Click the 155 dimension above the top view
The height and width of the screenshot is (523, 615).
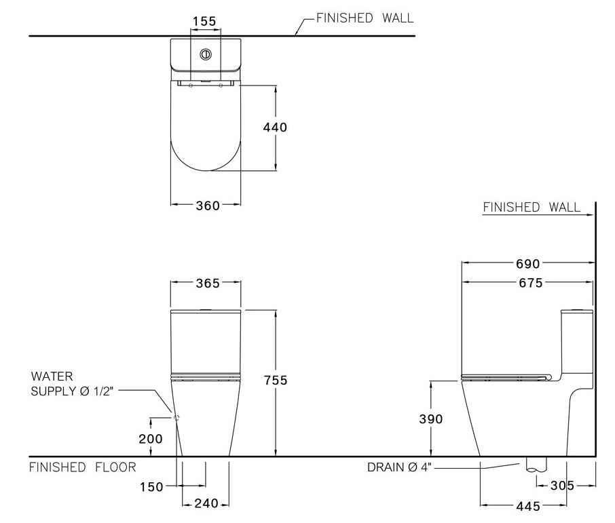204,21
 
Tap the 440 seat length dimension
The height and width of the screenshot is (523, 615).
276,127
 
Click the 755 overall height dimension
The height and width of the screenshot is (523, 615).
275,381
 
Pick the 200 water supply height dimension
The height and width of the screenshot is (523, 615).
150,439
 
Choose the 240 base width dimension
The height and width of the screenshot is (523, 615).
206,504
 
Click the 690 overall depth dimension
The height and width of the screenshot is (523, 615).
529,263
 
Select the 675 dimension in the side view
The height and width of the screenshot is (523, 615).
529,283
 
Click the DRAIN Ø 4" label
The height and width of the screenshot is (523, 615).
399,467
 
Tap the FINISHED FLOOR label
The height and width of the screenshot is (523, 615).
82,467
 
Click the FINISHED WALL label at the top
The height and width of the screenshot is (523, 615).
365,18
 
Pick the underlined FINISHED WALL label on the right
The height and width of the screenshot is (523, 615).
532,208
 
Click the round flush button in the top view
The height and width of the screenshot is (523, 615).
205,55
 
